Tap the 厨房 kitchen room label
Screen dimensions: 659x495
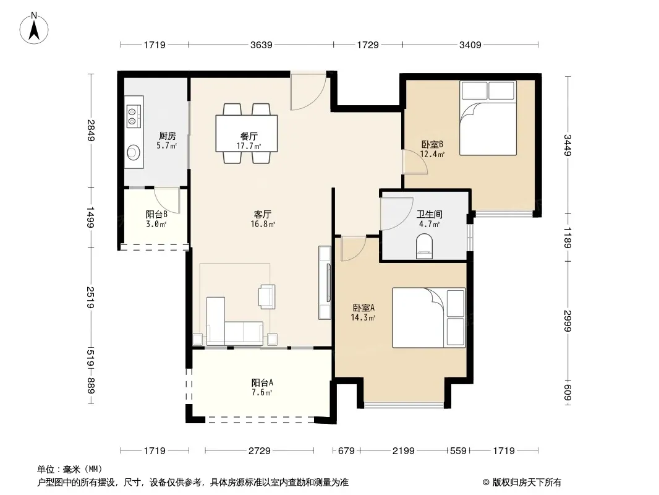coord(167,136)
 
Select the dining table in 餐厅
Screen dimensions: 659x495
coord(247,133)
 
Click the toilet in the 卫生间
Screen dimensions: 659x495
coord(424,247)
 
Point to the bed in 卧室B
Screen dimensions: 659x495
coord(488,118)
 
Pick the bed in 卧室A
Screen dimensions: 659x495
coord(428,317)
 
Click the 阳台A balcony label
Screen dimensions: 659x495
coord(262,382)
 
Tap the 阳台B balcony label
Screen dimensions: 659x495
coord(156,214)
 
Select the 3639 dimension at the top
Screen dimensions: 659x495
coord(261,45)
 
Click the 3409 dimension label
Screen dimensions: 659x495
coord(470,45)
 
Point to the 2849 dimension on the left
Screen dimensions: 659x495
coord(91,131)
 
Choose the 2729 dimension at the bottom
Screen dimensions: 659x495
coord(259,451)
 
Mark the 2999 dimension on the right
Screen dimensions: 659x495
coord(568,321)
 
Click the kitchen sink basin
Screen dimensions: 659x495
coord(134,152)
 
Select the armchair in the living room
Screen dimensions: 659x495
coord(266,296)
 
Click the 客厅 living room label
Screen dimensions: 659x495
coord(262,214)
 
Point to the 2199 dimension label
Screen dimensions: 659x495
coord(403,451)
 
